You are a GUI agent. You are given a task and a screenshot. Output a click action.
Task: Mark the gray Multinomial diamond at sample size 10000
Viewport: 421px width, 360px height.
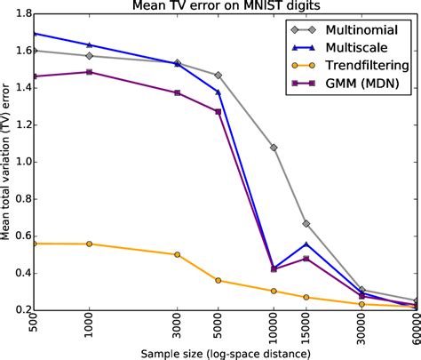274,148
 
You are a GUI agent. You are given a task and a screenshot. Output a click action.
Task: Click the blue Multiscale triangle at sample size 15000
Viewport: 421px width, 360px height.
306,244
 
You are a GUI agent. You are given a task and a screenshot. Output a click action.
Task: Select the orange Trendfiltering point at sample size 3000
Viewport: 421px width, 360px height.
178,254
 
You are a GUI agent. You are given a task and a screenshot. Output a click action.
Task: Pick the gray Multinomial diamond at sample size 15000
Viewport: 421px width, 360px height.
306,224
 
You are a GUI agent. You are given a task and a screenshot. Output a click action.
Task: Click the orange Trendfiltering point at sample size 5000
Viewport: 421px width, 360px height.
218,281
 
